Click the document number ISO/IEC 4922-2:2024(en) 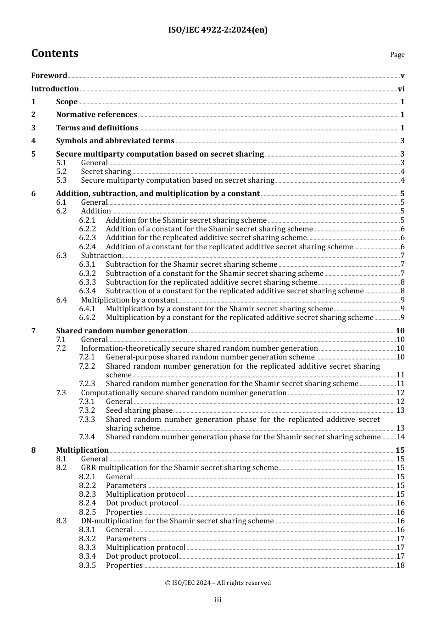(x=218, y=30)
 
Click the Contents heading (x=55, y=53)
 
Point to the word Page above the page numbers (x=397, y=55)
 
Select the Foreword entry (x=49, y=76)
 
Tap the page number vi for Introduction (x=401, y=89)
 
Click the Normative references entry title (x=96, y=115)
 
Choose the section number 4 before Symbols (x=34, y=141)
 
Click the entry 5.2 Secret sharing (x=106, y=172)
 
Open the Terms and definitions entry (x=97, y=128)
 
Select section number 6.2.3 (x=87, y=238)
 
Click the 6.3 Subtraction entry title (x=101, y=256)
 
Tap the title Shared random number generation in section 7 (x=122, y=331)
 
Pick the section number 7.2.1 (x=87, y=357)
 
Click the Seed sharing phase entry (x=139, y=410)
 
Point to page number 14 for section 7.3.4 (x=401, y=437)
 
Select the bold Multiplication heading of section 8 (x=82, y=450)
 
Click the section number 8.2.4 (x=87, y=503)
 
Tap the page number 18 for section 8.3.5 (x=401, y=566)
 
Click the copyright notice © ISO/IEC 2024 (x=218, y=583)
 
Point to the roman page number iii (x=218, y=600)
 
